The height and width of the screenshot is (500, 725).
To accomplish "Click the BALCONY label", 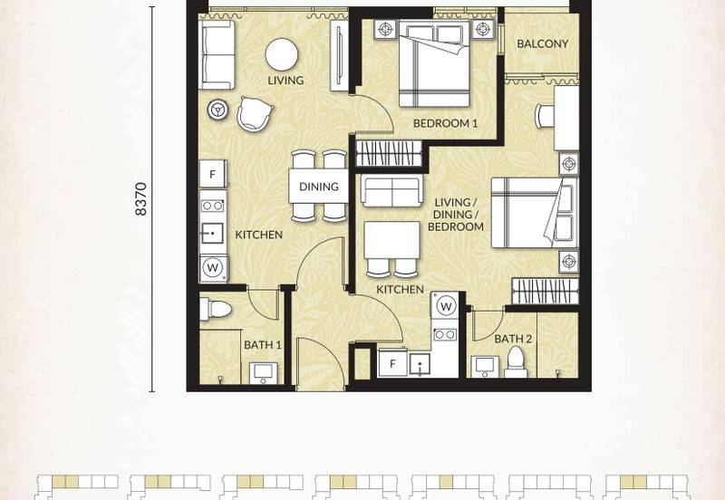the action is pos(542,43).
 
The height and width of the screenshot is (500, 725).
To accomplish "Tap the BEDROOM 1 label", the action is pos(445,123).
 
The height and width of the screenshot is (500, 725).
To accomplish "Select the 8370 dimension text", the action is pos(141,199).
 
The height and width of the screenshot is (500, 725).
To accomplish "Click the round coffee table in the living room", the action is pos(282,54).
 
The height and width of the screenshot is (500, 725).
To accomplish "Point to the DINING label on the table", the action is pos(319,187).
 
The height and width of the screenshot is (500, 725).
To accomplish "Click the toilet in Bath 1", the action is pos(216,309).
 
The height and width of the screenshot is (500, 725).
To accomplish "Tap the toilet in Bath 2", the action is pos(516,361).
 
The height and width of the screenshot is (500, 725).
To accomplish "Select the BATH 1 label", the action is pos(263,345).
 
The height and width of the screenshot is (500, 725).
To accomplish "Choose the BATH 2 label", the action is pos(513,339).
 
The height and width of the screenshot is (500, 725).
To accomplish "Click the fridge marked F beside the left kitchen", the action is pos(213,174).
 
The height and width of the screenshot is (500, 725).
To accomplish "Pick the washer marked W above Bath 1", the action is pos(213,267).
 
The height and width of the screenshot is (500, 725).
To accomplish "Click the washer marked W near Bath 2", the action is pos(445,306).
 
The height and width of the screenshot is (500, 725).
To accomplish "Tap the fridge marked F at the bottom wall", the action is pos(392,364).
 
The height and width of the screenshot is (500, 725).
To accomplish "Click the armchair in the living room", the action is pos(255,114).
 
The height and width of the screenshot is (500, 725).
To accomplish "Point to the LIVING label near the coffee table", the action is pos(285,81).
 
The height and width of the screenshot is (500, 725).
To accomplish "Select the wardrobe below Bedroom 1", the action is pos(389,153).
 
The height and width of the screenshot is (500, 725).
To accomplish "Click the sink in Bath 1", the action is pos(264,373).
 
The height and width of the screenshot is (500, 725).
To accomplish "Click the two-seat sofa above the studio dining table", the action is pos(392,190).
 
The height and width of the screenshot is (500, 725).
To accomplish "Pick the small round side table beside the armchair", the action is pos(217,110).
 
